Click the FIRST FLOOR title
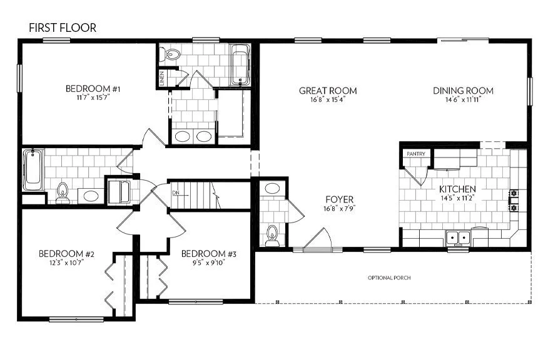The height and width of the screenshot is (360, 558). [x=63, y=28]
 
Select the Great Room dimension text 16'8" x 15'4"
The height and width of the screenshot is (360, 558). [x=328, y=100]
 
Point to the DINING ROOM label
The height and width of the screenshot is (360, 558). [x=463, y=91]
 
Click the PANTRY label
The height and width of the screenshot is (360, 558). [x=416, y=154]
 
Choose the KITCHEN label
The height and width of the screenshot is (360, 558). [x=457, y=189]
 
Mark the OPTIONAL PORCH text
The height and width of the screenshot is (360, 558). [x=388, y=278]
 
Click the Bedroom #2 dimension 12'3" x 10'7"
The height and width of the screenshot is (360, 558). [x=61, y=262]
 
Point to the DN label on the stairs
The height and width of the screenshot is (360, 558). [x=176, y=193]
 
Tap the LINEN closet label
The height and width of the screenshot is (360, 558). [x=162, y=79]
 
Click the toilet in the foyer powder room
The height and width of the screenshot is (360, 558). [x=271, y=235]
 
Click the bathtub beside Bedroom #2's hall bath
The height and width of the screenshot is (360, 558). [x=32, y=169]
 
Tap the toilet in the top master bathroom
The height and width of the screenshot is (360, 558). [x=169, y=56]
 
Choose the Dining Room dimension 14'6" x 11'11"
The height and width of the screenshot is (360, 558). [x=463, y=100]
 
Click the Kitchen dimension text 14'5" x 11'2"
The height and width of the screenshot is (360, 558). [x=457, y=198]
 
